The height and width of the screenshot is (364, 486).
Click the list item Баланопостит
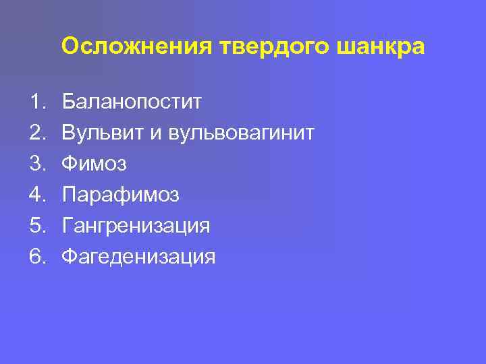[132, 102]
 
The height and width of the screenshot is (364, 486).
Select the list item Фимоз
[94, 164]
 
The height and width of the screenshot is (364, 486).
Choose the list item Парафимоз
[120, 195]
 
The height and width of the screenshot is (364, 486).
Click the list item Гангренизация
[136, 226]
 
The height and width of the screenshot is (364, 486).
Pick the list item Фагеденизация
[138, 257]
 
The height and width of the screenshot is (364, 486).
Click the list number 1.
[36, 102]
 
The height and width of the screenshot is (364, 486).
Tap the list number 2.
[36, 133]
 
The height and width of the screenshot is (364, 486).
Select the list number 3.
[36, 164]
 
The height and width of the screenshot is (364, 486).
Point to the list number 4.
[36, 195]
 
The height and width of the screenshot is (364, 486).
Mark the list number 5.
[36, 226]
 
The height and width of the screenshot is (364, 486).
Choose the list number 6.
[36, 257]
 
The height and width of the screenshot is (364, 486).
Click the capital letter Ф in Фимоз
[69, 164]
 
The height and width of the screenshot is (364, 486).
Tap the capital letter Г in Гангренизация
[67, 226]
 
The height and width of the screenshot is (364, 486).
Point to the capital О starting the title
[70, 47]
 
